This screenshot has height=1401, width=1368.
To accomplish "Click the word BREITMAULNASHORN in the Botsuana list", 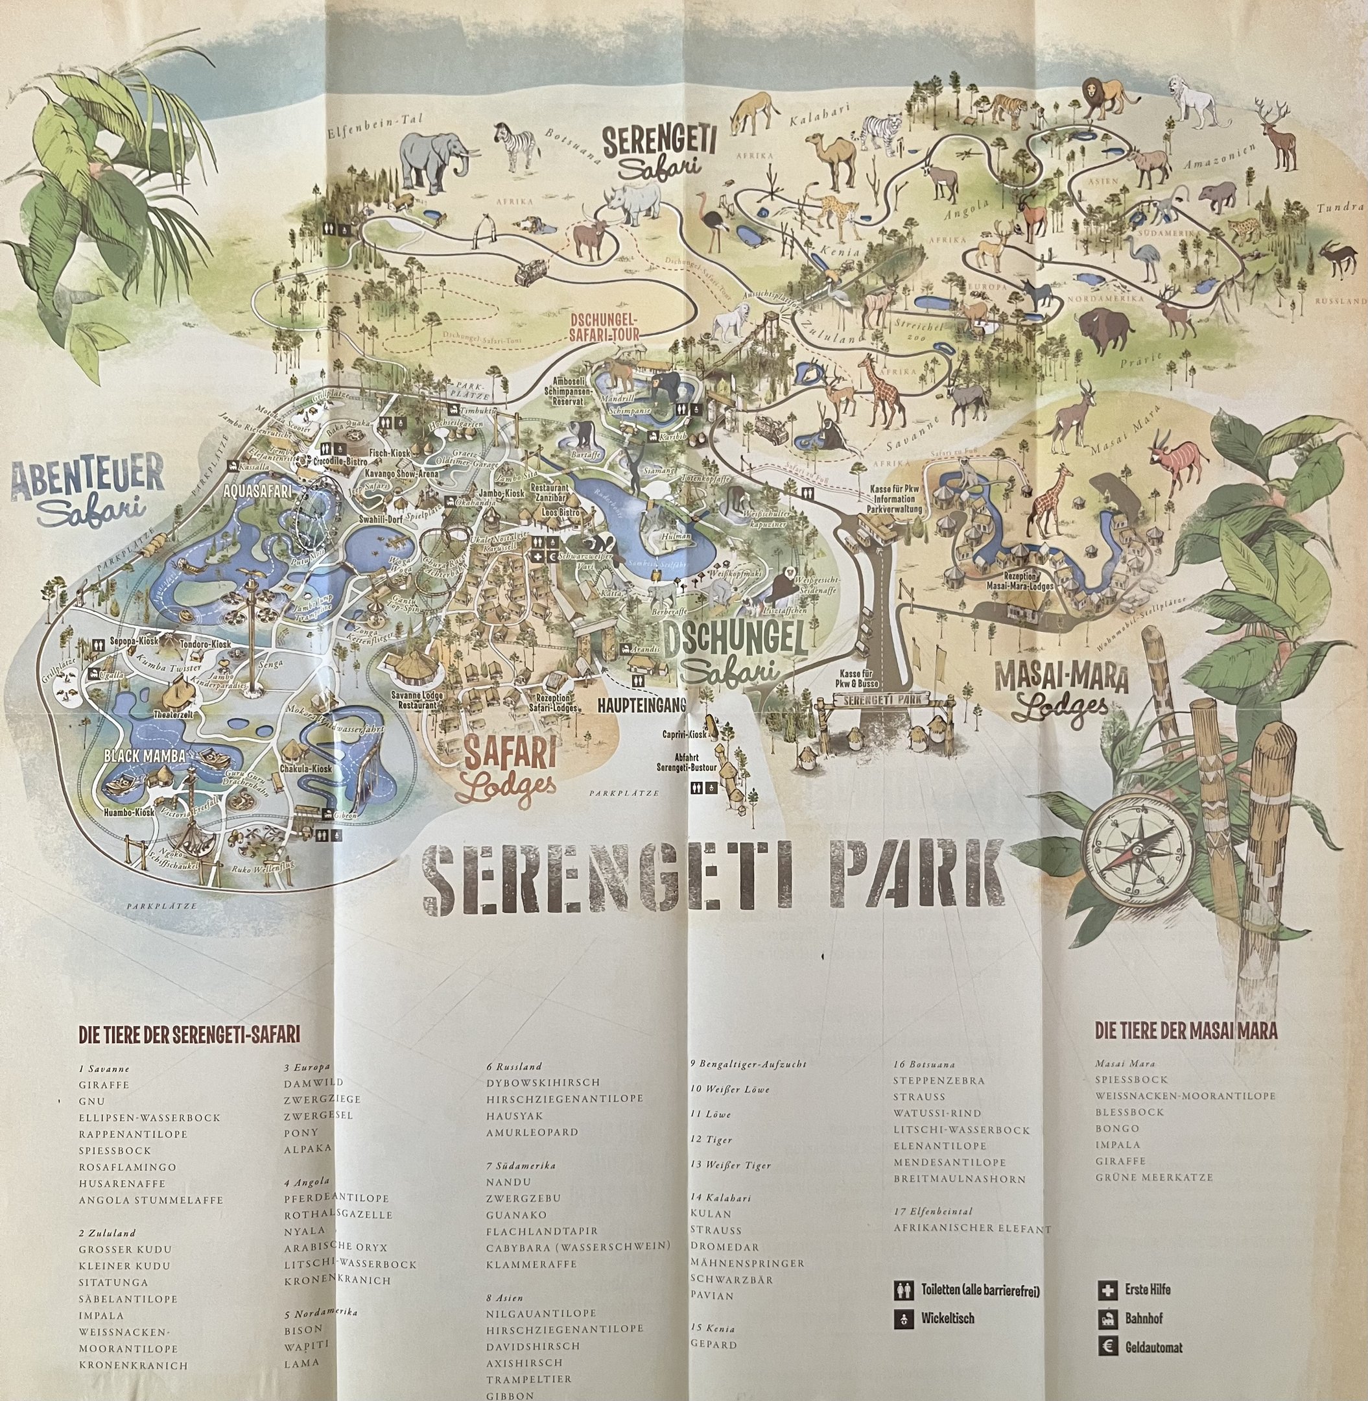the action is click(x=959, y=1179).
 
